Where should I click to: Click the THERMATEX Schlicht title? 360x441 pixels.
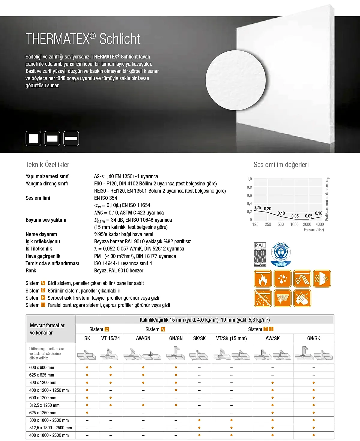pyautogui.click(x=83, y=39)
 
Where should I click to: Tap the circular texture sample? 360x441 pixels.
pyautogui.click(x=236, y=80)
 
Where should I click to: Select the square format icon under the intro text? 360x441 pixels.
pyautogui.click(x=33, y=139)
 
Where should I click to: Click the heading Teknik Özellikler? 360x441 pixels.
pyautogui.click(x=47, y=164)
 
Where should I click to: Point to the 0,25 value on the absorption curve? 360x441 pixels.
pyautogui.click(x=257, y=208)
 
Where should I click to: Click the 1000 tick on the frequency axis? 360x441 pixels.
pyautogui.click(x=294, y=224)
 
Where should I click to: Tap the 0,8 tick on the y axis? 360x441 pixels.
pyautogui.click(x=249, y=187)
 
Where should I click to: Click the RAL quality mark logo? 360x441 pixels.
pyautogui.click(x=260, y=255)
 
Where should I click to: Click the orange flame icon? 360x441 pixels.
pyautogui.click(x=263, y=279)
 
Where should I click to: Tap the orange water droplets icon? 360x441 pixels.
pyautogui.click(x=282, y=279)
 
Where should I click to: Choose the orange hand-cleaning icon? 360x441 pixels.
pyautogui.click(x=302, y=298)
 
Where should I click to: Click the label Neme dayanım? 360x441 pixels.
pyautogui.click(x=41, y=234)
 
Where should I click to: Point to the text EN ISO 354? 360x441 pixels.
pyautogui.click(x=106, y=198)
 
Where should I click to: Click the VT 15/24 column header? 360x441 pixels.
pyautogui.click(x=110, y=338)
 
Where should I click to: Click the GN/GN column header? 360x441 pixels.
pyautogui.click(x=176, y=338)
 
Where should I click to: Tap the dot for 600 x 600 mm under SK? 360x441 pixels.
pyautogui.click(x=87, y=367)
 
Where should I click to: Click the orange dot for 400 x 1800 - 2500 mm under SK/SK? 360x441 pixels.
pyautogui.click(x=199, y=435)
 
